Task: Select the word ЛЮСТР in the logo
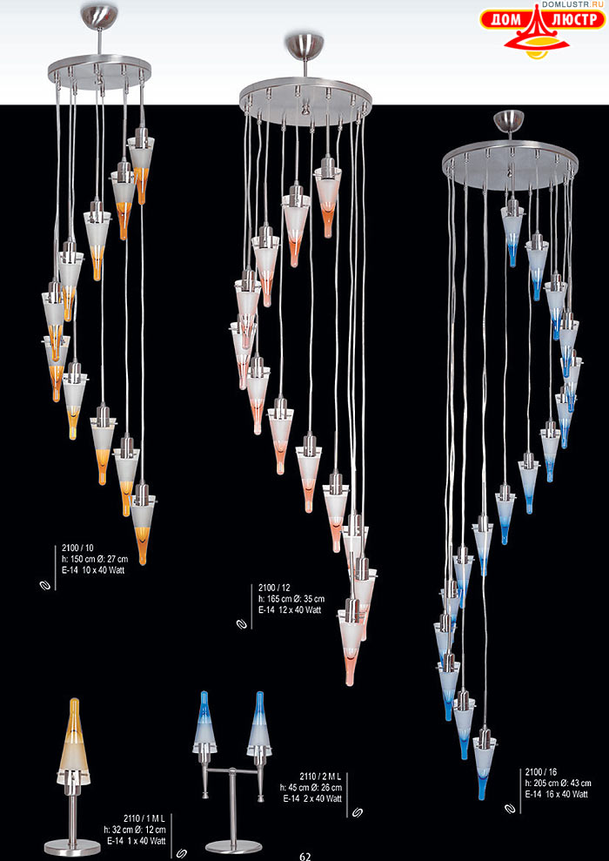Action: tap(572, 20)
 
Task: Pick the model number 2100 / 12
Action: tap(275, 589)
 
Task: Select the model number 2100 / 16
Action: tap(541, 771)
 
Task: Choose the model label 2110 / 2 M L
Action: tap(320, 777)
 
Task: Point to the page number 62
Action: tap(305, 856)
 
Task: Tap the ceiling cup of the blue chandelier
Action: tap(510, 121)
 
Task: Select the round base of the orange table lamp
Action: tap(72, 847)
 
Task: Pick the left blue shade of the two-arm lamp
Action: tap(204, 722)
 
